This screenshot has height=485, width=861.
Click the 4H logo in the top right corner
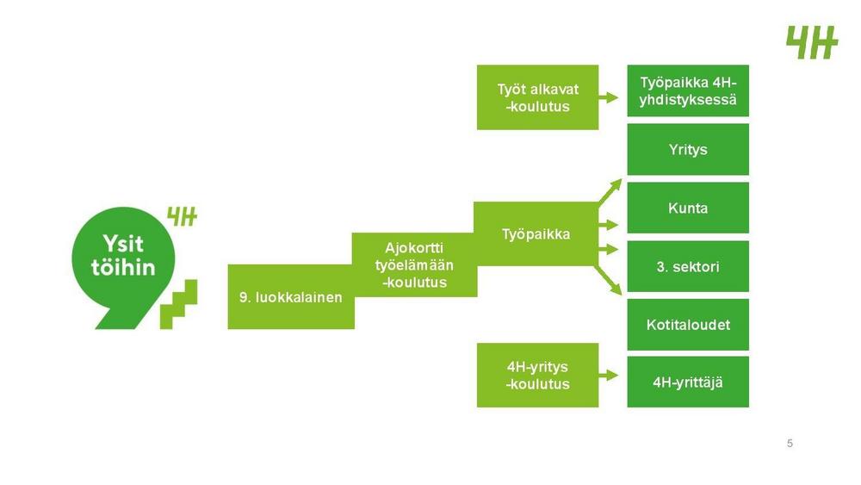click(x=811, y=42)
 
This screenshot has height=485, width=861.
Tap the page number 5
click(x=790, y=444)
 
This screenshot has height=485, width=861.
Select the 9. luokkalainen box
click(x=290, y=298)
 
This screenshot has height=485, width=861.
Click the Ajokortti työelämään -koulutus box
click(x=414, y=264)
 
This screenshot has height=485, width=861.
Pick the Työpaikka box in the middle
click(x=536, y=233)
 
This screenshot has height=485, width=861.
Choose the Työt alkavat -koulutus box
click(x=537, y=97)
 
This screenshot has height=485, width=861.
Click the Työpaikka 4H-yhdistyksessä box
click(x=688, y=90)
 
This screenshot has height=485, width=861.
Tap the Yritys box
click(x=688, y=149)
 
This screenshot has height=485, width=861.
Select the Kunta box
click(x=688, y=208)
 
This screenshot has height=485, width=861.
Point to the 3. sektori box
click(x=688, y=266)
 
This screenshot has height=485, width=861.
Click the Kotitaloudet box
click(x=688, y=325)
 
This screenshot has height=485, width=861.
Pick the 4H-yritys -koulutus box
click(x=537, y=376)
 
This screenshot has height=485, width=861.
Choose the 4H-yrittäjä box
click(x=688, y=382)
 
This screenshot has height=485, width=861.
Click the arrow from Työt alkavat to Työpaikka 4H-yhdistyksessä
click(x=610, y=97)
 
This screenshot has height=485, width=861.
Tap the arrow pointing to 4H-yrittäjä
click(x=610, y=376)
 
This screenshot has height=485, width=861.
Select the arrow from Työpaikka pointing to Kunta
click(x=610, y=226)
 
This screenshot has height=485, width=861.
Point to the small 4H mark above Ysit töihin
click(x=182, y=217)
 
